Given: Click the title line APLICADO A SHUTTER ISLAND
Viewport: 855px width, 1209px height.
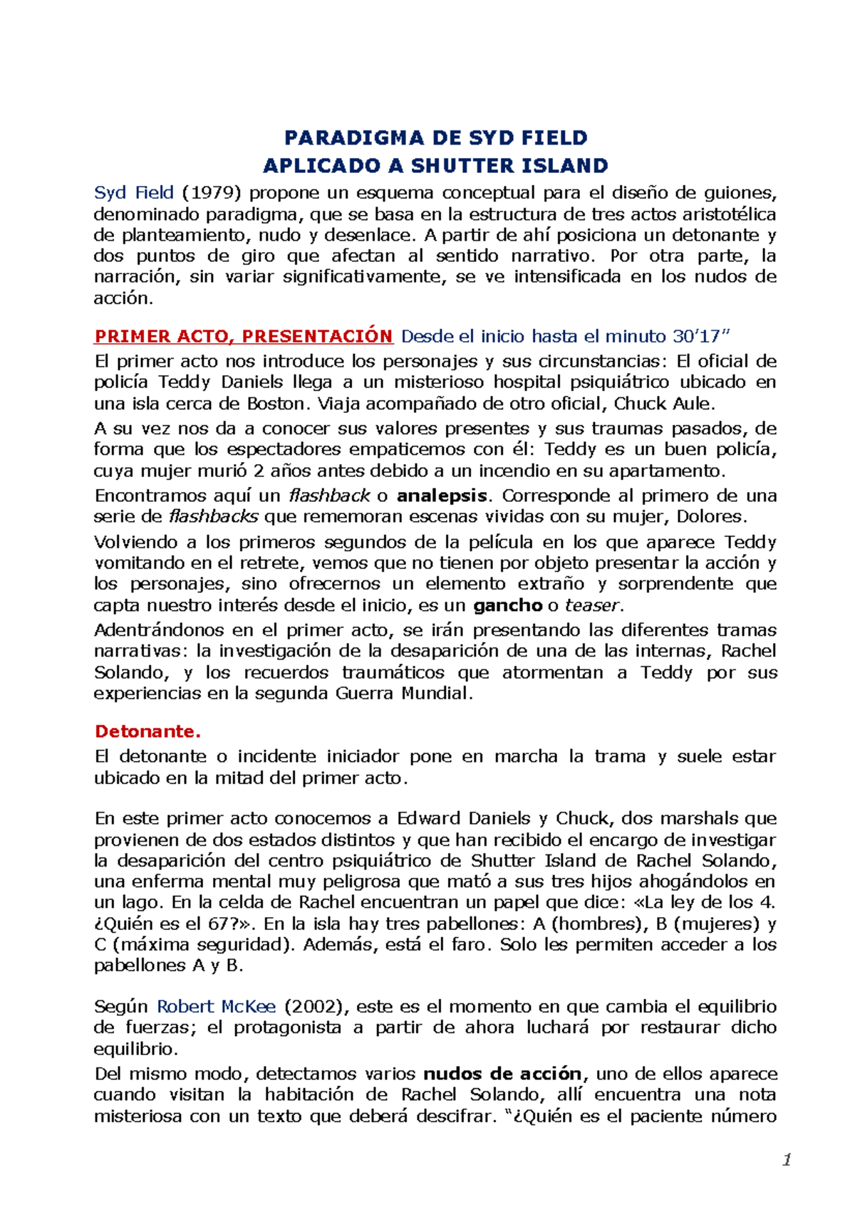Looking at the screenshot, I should tap(435, 166).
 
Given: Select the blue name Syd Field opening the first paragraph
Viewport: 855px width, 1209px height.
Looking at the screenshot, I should tap(134, 193).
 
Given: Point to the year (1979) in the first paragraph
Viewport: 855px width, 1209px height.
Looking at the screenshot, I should tap(212, 193).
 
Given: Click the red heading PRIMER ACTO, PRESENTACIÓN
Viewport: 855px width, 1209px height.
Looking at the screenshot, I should tap(244, 337).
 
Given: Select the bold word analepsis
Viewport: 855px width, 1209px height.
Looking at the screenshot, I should tap(442, 496).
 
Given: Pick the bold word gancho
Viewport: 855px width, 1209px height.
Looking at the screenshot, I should tap(507, 606).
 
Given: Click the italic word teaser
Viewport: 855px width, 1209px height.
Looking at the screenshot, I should tap(592, 606).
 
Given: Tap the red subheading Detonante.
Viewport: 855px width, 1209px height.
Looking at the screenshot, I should tap(148, 731).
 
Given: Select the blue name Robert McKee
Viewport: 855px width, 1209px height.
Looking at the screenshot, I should tap(216, 1007).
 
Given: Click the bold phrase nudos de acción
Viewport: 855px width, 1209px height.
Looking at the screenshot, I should tap(502, 1074).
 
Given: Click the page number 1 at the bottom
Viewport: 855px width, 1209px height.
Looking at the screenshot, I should tap(787, 1160).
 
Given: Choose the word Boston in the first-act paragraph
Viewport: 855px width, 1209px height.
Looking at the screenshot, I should tap(275, 404).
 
